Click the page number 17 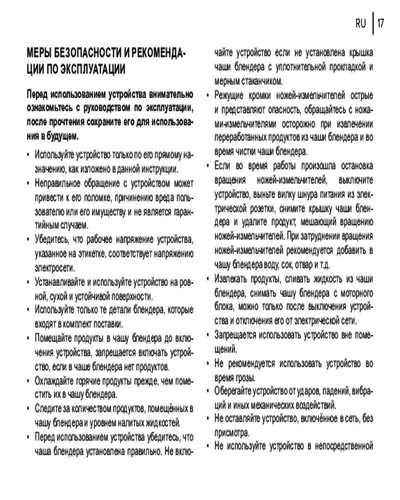click(x=381, y=23)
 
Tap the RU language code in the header click(x=361, y=23)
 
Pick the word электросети click(x=53, y=267)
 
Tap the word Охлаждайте click(x=57, y=381)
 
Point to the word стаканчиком click(x=261, y=81)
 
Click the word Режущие click(x=228, y=95)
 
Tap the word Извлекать click(x=233, y=279)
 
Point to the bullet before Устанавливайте click(x=28, y=283)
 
